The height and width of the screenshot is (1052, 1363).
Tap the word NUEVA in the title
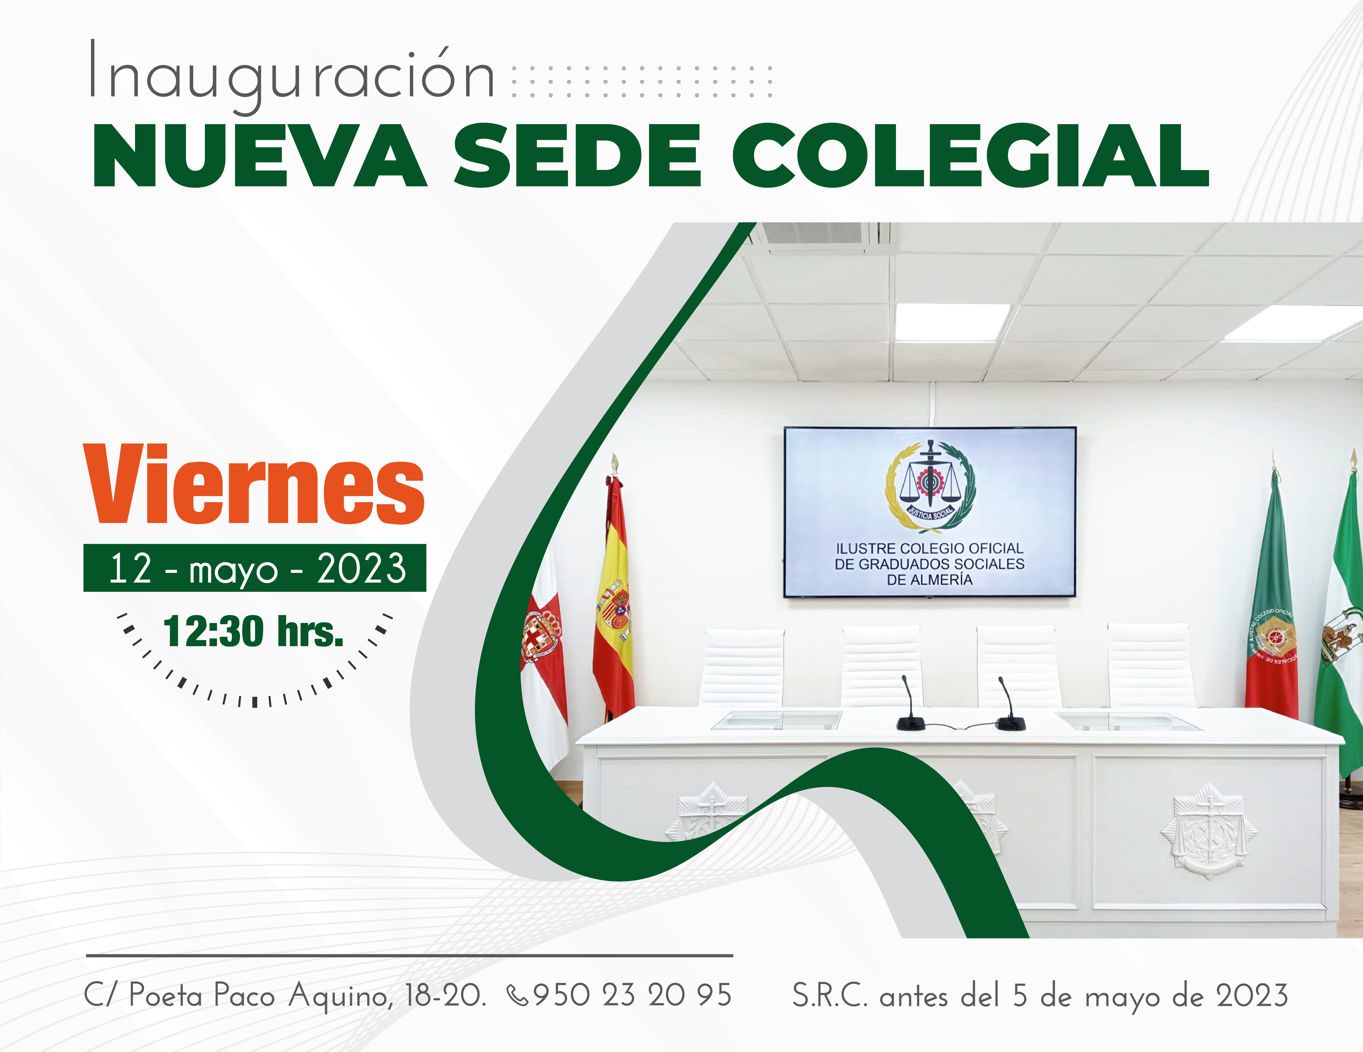tap(259, 156)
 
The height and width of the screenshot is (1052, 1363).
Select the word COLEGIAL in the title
tap(971, 156)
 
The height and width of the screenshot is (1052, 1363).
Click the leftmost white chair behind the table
tap(743, 668)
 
